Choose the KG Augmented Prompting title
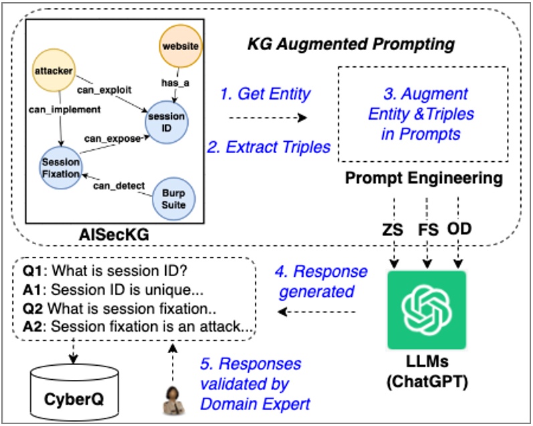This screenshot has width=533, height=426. (x=350, y=45)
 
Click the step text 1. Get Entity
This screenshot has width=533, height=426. (x=265, y=94)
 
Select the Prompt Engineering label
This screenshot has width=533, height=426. (x=423, y=179)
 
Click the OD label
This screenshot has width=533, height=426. (x=459, y=229)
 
